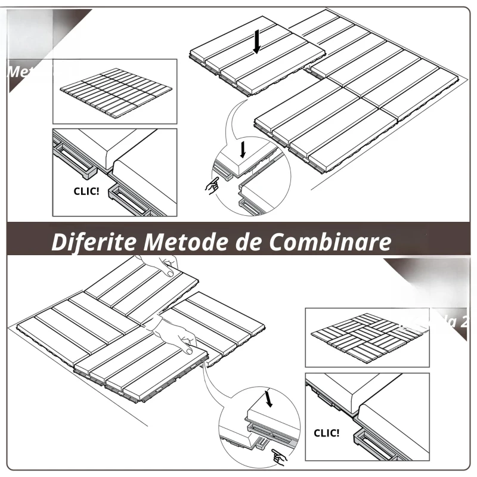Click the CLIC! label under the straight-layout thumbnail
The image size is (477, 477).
86,193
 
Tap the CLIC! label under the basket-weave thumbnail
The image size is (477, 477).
326,433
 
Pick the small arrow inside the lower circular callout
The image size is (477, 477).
268,398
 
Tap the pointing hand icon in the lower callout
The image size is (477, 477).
277,456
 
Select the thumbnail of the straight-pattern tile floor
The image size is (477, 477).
116,91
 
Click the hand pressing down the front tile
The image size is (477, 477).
182,337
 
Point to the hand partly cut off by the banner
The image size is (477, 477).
161,265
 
